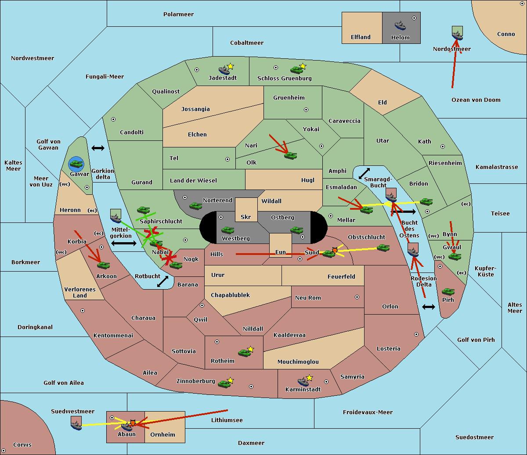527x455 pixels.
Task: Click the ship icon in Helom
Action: [x=400, y=25]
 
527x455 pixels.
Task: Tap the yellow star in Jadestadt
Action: [x=230, y=66]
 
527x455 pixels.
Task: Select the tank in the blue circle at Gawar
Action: [x=76, y=164]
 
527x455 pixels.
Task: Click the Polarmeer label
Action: [x=178, y=14]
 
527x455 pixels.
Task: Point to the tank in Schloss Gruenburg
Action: [x=296, y=69]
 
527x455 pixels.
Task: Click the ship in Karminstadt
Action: [x=303, y=381]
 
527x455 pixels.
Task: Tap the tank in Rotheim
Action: [x=244, y=353]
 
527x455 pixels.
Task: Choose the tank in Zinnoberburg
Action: [x=224, y=384]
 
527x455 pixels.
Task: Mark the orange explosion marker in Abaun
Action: [x=133, y=423]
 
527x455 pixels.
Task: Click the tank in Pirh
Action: [x=448, y=291]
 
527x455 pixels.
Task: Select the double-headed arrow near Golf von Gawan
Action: [x=98, y=148]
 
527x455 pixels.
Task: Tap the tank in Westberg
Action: [x=227, y=230]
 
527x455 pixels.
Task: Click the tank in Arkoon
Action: [x=103, y=265]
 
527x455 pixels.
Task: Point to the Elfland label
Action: [x=361, y=37]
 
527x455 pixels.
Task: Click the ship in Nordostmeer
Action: [x=458, y=36]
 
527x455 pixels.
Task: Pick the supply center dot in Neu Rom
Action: [x=357, y=297]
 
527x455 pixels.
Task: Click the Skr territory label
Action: [x=246, y=217]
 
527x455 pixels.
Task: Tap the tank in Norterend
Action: [x=195, y=206]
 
